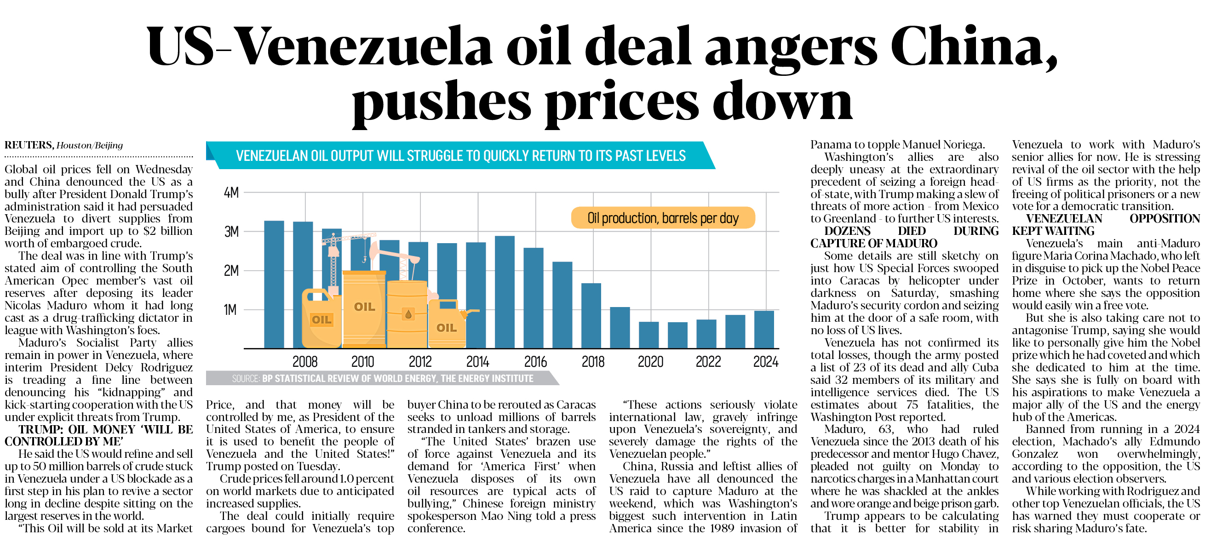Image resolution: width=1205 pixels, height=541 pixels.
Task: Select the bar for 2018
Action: click(x=591, y=316)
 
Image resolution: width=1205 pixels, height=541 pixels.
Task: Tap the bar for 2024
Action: click(x=764, y=329)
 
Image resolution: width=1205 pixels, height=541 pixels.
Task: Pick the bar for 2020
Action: click(x=648, y=335)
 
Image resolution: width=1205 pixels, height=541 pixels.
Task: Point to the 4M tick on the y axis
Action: click(x=231, y=193)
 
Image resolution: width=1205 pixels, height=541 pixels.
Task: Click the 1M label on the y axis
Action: click(x=230, y=310)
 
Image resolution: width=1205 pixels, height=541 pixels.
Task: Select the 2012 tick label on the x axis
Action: click(x=420, y=361)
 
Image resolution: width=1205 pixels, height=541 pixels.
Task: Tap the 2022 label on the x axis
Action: click(x=708, y=361)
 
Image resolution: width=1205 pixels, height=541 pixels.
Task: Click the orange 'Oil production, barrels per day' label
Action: click(x=663, y=218)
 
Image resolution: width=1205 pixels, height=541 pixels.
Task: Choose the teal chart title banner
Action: click(x=460, y=156)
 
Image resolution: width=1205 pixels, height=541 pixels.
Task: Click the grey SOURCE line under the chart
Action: click(x=382, y=378)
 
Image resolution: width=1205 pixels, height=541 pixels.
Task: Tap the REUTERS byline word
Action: click(x=29, y=145)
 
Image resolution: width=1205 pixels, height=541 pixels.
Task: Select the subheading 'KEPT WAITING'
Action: click(x=1053, y=231)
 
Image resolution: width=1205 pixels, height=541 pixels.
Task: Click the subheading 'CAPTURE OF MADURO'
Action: click(x=873, y=243)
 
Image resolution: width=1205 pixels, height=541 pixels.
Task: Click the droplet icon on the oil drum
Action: click(x=408, y=314)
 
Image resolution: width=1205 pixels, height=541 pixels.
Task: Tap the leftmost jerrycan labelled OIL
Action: click(x=321, y=320)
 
